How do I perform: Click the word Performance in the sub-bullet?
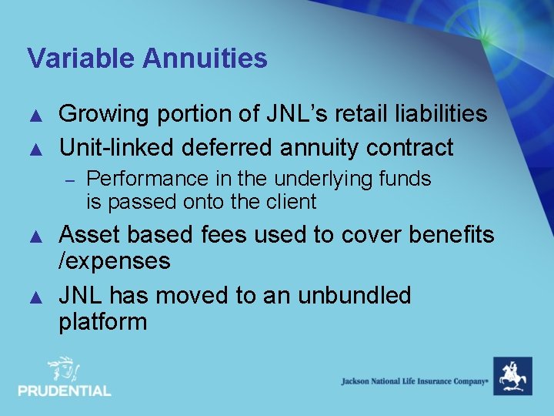tap(147, 179)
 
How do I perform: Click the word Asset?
tap(91, 234)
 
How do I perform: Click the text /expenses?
tap(114, 260)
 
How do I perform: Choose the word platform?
tap(102, 321)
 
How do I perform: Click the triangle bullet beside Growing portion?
tap(33, 116)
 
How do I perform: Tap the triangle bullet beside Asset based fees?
tap(33, 235)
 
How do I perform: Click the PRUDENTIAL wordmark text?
tap(65, 391)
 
